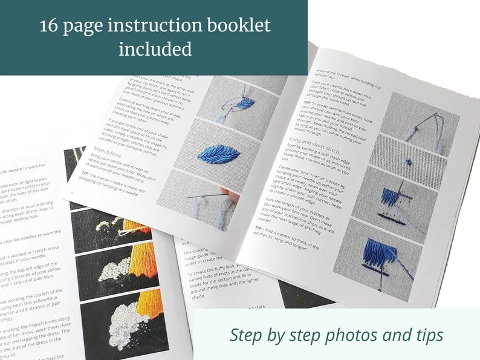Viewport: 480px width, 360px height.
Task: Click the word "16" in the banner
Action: pos(51,26)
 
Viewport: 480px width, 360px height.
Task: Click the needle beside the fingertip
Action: pos(206,195)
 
